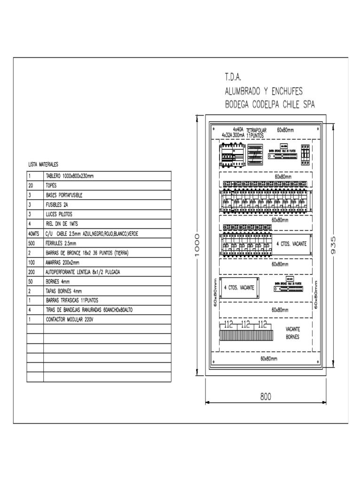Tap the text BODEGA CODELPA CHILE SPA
269,104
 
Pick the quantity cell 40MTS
34,233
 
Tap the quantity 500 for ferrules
31,243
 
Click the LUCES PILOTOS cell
58,214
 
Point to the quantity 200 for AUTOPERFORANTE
31,272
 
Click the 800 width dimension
266,397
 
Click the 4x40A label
238,129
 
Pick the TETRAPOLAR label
256,130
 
